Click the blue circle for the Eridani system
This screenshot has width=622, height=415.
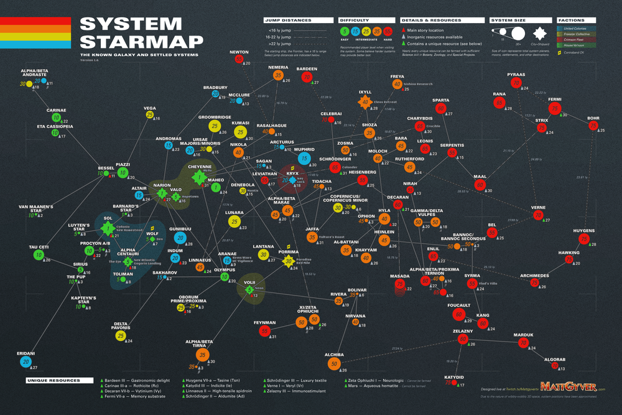(26, 361)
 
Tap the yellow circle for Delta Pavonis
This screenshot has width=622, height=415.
(121, 336)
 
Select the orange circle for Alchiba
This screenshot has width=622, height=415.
(335, 363)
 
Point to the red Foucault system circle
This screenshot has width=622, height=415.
(458, 314)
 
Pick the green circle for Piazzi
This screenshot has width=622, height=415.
(123, 173)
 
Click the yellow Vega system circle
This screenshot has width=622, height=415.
(149, 115)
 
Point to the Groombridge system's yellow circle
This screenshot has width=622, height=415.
(215, 126)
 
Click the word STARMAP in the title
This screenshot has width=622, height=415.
(142, 42)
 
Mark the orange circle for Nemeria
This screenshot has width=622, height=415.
(277, 76)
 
